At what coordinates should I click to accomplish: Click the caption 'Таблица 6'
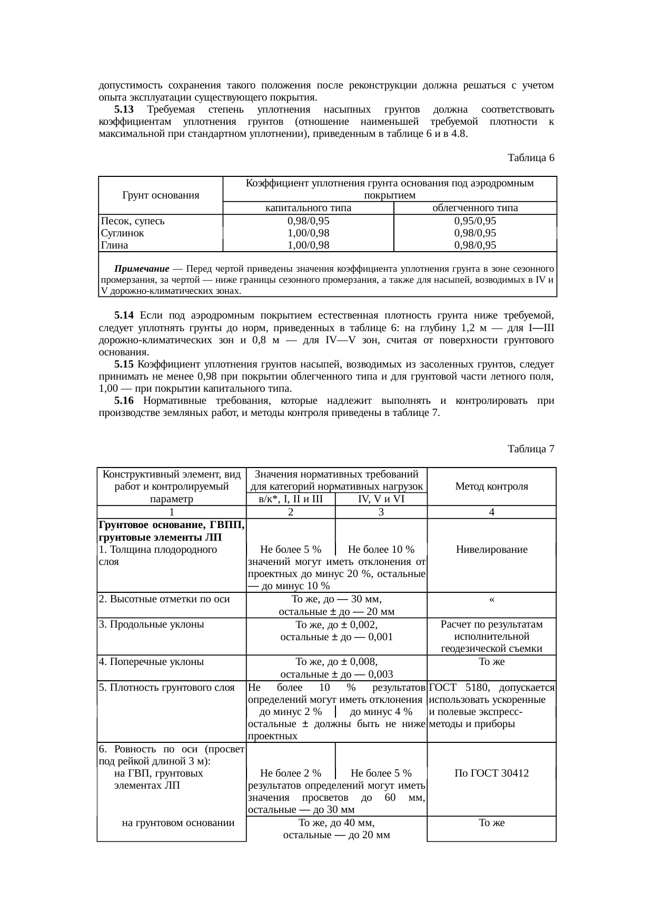click(x=530, y=157)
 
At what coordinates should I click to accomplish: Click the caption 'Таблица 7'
click(x=530, y=449)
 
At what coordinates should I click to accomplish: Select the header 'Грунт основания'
click(x=161, y=195)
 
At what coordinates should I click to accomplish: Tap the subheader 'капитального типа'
click(x=308, y=208)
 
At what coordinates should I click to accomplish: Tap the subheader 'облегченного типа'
click(x=474, y=208)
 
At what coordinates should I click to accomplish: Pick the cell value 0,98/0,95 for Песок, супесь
click(x=308, y=221)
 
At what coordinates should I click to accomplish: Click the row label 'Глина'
click(x=114, y=245)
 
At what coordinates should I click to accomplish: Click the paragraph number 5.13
click(x=124, y=110)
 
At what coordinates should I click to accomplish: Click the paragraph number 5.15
click(x=124, y=364)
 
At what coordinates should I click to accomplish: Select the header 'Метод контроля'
click(x=491, y=486)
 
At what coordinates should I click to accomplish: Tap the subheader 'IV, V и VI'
click(x=381, y=499)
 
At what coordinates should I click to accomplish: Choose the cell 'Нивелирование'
click(x=491, y=550)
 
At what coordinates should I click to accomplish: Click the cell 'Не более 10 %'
click(x=381, y=550)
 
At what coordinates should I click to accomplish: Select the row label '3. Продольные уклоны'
click(x=151, y=624)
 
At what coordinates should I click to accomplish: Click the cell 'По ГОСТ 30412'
click(x=491, y=773)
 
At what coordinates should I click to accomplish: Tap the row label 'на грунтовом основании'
click(x=177, y=823)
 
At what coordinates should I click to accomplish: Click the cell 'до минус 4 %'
click(x=381, y=712)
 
